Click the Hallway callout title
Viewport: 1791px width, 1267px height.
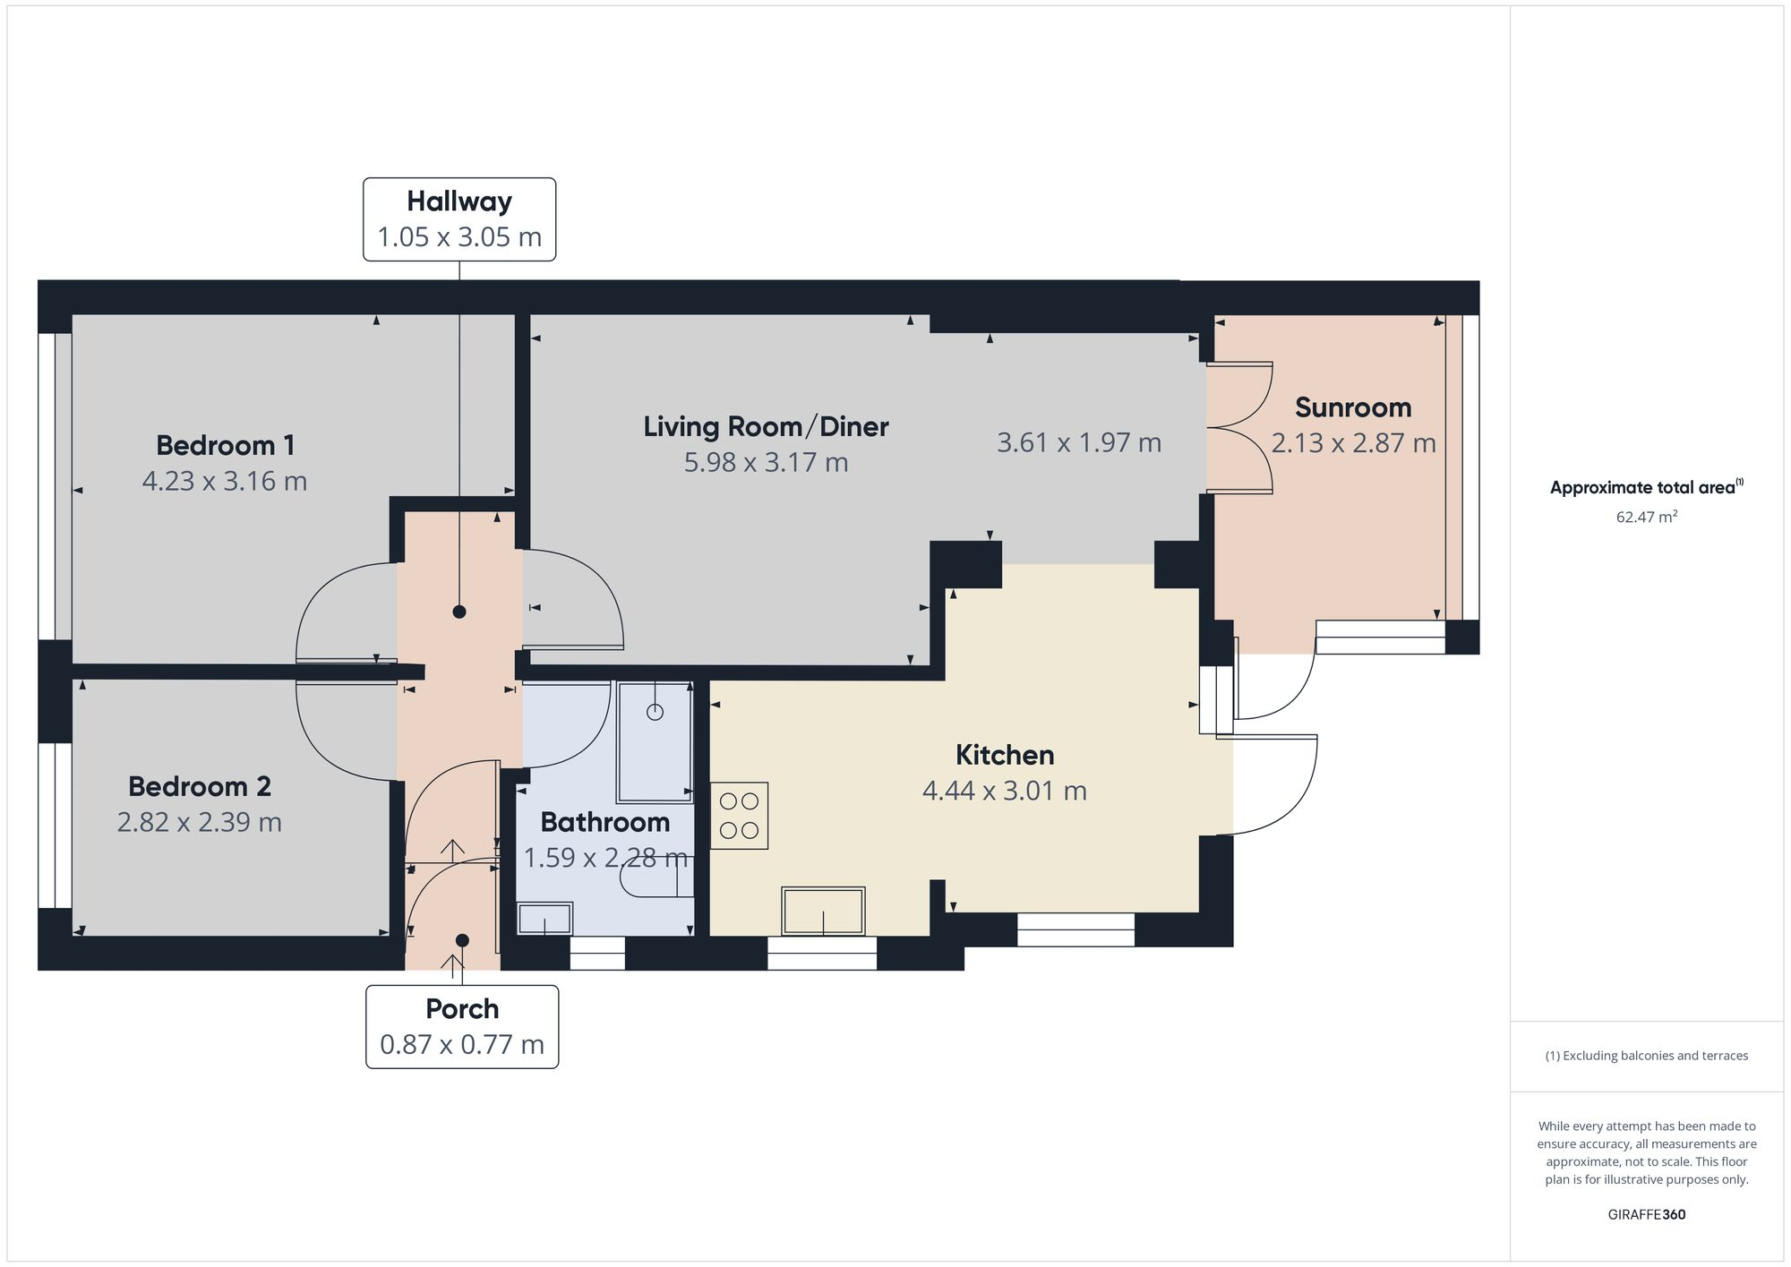[459, 202]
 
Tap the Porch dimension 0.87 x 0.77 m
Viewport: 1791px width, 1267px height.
[462, 1045]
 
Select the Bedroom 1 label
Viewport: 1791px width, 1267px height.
[225, 445]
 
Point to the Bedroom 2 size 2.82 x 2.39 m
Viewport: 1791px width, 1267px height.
[200, 822]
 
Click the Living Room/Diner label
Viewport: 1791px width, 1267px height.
[766, 426]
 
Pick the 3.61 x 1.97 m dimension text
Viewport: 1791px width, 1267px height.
[1079, 442]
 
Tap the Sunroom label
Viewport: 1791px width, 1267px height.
[1353, 407]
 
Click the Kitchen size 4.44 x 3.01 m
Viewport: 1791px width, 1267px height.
[1005, 791]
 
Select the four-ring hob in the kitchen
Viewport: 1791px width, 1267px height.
[739, 816]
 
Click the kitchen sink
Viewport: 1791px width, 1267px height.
[824, 912]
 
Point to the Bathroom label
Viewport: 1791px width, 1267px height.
[605, 822]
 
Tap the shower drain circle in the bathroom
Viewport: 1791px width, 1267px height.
[656, 713]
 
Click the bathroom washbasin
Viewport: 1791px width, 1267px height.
[545, 919]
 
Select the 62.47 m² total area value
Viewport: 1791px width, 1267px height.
[1647, 517]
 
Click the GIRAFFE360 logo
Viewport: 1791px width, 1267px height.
[1647, 1215]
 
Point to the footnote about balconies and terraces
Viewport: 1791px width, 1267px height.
[1647, 1056]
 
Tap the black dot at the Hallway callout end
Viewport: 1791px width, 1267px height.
[459, 612]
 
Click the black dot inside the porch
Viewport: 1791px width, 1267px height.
[462, 940]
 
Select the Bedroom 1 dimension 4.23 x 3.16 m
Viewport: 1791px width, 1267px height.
[225, 481]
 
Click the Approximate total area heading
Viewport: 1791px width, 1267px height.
[1647, 487]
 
